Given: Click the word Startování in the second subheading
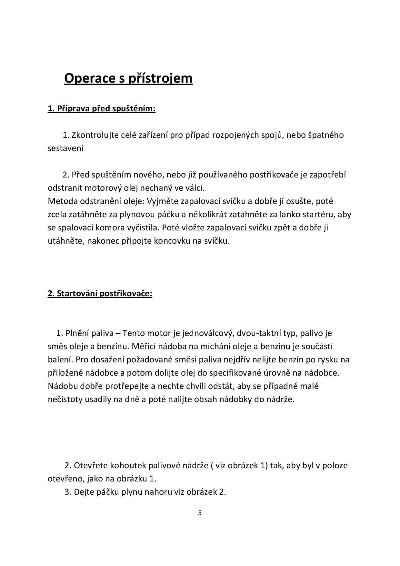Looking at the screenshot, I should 77,294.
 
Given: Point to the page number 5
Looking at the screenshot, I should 200,513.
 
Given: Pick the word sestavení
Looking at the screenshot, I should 65,148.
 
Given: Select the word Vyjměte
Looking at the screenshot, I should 163,201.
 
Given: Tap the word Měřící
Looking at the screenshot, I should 145,346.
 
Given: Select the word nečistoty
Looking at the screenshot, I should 65,399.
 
